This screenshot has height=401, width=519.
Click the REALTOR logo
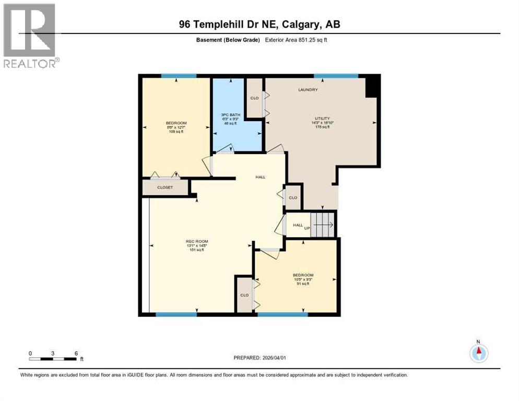coord(30,36)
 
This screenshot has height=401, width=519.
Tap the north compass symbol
coord(478,353)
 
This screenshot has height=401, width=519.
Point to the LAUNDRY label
coord(308,90)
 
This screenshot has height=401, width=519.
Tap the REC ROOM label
coord(195,241)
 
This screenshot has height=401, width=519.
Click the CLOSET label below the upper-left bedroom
coord(165,187)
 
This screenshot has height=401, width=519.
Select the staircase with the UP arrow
coord(323,225)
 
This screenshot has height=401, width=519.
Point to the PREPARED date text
coord(259,358)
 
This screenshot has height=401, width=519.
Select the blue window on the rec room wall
coord(176,314)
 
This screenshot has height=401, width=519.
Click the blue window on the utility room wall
coord(336,76)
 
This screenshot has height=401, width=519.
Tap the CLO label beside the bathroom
coord(254,98)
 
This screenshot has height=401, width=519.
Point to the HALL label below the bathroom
coord(260,177)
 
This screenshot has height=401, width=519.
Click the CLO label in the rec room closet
coord(244,295)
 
